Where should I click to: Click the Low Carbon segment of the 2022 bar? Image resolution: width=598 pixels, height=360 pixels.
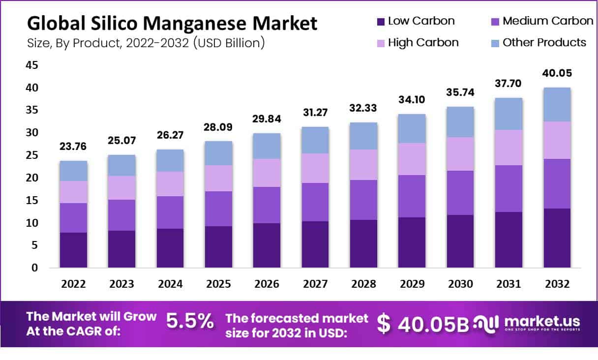point(74,250)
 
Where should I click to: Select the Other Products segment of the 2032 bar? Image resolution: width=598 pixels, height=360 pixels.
point(557,104)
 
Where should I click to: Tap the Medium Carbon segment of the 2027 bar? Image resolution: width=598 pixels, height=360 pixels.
point(315,202)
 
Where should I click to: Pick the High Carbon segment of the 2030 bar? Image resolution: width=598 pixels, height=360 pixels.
point(460,153)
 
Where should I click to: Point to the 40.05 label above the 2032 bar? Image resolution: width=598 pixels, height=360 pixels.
point(557,73)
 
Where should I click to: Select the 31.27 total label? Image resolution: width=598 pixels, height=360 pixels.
point(315,113)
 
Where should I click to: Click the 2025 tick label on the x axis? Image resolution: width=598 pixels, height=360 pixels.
point(219,284)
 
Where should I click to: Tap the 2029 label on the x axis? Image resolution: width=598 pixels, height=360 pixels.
point(412,284)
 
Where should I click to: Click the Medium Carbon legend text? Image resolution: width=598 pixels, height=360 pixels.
point(548,21)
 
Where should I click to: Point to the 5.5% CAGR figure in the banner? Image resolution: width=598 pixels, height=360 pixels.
point(190,322)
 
